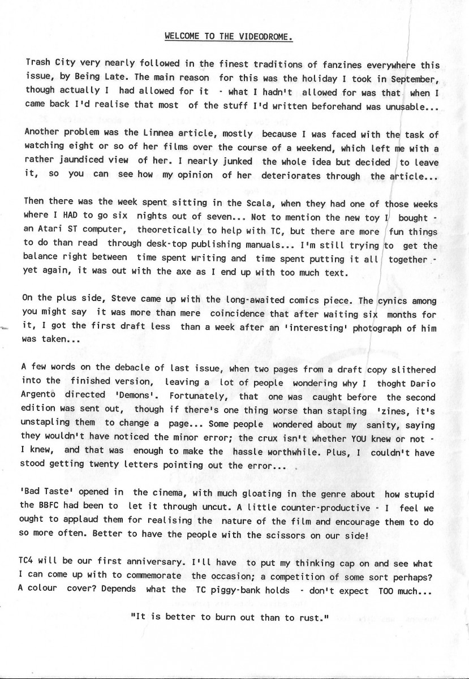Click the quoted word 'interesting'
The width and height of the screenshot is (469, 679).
316,328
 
